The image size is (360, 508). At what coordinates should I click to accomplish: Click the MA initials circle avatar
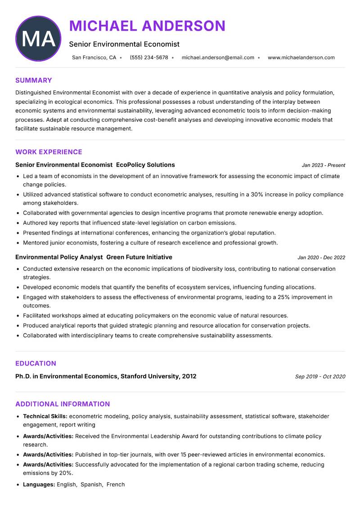(x=38, y=39)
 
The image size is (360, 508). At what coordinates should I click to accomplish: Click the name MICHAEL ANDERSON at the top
(x=147, y=26)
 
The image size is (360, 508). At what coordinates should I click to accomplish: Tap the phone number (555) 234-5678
(x=148, y=58)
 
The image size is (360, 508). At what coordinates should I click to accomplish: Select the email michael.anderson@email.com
(x=218, y=58)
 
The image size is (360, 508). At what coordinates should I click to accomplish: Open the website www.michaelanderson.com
(x=301, y=58)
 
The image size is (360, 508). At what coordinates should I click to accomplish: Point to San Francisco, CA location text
(x=94, y=58)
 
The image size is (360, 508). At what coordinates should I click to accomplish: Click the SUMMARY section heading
(x=33, y=80)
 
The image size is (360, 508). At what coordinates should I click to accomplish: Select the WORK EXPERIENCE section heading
(x=49, y=152)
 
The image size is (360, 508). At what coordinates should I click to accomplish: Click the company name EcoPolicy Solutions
(x=145, y=165)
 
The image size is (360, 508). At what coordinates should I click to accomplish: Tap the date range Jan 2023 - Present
(x=323, y=165)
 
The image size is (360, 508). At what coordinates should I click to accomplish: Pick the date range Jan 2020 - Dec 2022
(x=321, y=258)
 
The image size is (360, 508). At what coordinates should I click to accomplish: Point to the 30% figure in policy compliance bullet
(x=257, y=195)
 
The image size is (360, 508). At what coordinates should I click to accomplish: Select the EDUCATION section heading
(x=36, y=363)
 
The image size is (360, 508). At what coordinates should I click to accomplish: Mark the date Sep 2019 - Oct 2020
(x=320, y=377)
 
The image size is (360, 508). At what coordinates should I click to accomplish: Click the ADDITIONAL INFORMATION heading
(x=63, y=404)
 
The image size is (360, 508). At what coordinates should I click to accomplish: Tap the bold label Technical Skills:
(x=45, y=417)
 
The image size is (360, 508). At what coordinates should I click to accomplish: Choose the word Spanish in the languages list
(x=91, y=485)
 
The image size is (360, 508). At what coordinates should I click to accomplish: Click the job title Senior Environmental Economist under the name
(x=124, y=44)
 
